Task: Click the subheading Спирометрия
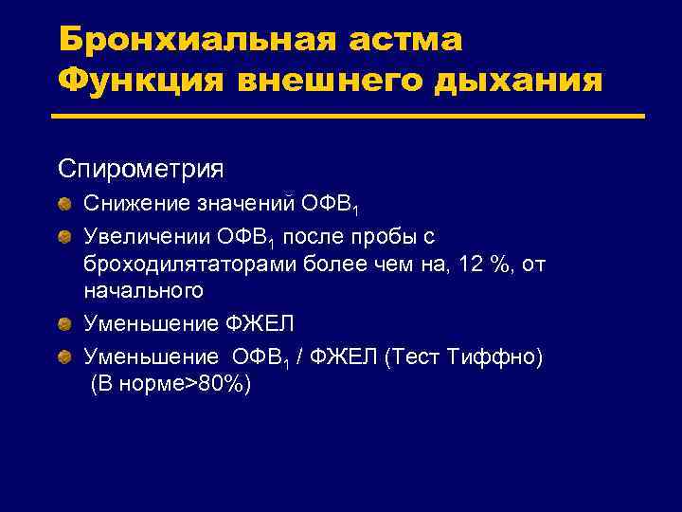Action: pos(140,170)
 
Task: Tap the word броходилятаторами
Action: pos(190,264)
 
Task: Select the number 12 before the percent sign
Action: pos(469,264)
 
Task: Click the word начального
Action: pos(143,293)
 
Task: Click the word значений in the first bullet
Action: pos(249,202)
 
